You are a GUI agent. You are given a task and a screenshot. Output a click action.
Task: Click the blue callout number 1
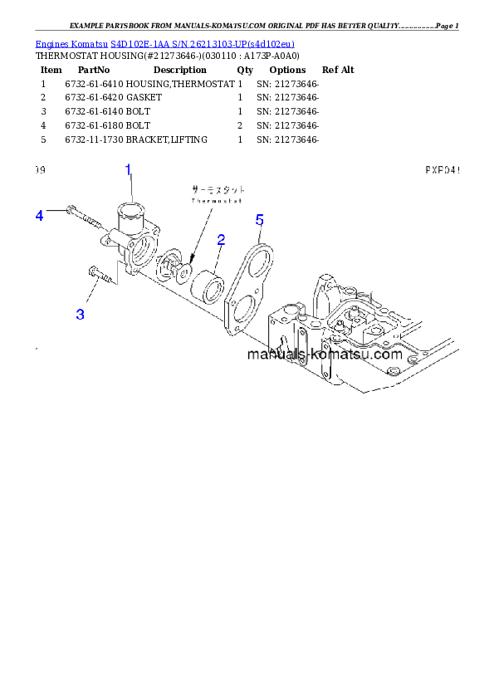[129, 170]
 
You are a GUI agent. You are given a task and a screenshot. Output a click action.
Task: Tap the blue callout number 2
[222, 240]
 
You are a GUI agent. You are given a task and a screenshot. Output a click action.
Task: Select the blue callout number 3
[81, 314]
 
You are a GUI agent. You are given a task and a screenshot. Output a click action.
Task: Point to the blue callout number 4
[39, 216]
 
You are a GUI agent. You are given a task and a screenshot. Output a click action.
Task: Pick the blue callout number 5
[259, 220]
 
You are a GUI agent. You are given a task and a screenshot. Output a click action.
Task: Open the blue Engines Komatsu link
[164, 43]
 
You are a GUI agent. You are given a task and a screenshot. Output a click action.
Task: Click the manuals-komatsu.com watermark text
[324, 354]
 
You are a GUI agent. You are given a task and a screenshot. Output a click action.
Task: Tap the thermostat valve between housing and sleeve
[175, 266]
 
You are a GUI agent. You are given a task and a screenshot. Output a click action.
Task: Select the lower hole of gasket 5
[242, 314]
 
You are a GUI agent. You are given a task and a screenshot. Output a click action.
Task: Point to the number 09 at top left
[40, 170]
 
